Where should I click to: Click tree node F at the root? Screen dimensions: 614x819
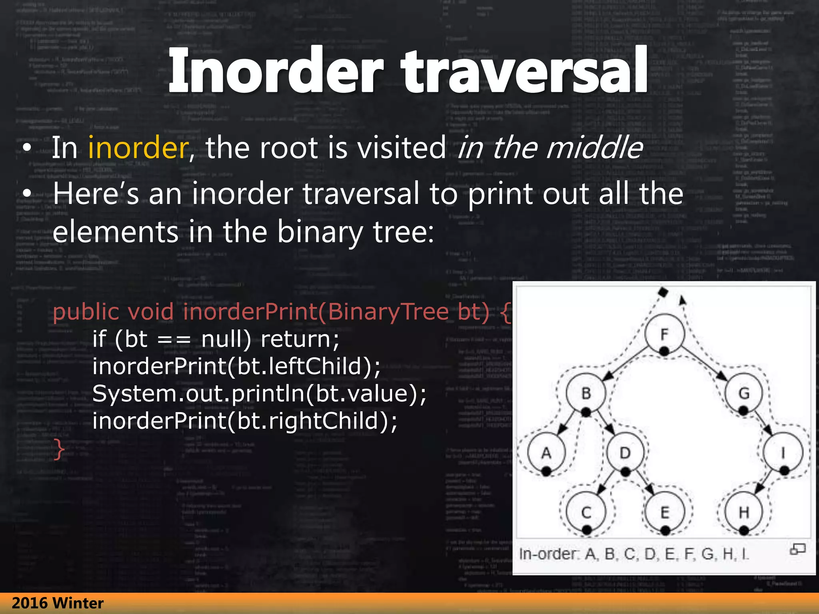tap(664, 333)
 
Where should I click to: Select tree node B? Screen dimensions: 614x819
tap(586, 393)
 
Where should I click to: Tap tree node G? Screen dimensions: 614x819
tap(743, 393)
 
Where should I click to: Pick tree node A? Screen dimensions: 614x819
tap(546, 453)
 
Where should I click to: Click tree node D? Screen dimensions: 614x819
tap(625, 453)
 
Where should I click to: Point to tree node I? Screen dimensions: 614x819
tap(783, 453)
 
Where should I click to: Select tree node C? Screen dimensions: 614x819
tap(586, 512)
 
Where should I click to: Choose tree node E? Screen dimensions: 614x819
tap(665, 512)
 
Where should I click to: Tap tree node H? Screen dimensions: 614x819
tap(743, 512)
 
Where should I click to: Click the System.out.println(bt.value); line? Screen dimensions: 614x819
tap(260, 393)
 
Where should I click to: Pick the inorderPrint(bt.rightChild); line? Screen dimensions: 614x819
tap(245, 421)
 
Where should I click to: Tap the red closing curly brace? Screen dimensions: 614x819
tap(59, 449)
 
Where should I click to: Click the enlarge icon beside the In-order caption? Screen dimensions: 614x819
tap(797, 549)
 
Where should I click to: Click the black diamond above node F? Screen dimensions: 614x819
tap(663, 292)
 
